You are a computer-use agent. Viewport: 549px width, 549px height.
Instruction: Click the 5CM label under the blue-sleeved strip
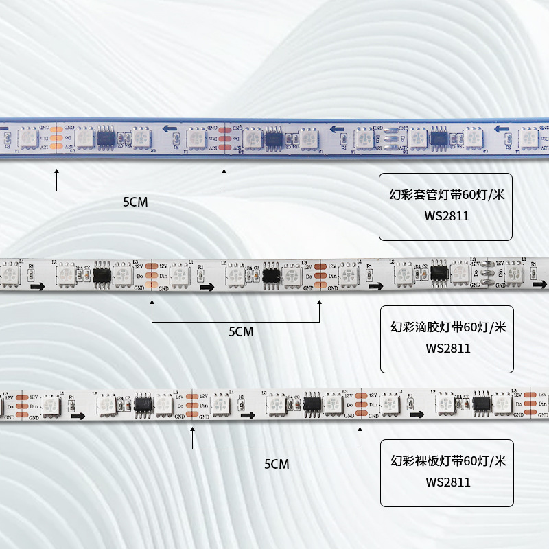coord(135,202)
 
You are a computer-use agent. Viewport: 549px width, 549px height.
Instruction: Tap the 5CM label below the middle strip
coord(241,331)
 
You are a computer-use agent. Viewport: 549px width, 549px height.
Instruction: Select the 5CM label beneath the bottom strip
coord(277,465)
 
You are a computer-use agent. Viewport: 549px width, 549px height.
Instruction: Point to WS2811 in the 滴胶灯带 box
coord(447,348)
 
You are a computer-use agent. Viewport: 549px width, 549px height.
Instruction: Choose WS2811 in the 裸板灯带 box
coord(447,482)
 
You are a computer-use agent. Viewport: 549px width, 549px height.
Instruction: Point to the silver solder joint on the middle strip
coord(487,272)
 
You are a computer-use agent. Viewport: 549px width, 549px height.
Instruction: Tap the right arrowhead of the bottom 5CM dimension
coord(361,431)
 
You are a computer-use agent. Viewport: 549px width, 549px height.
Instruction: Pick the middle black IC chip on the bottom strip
coord(312,406)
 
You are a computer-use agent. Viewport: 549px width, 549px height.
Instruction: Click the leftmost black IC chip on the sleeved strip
coord(106,137)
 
